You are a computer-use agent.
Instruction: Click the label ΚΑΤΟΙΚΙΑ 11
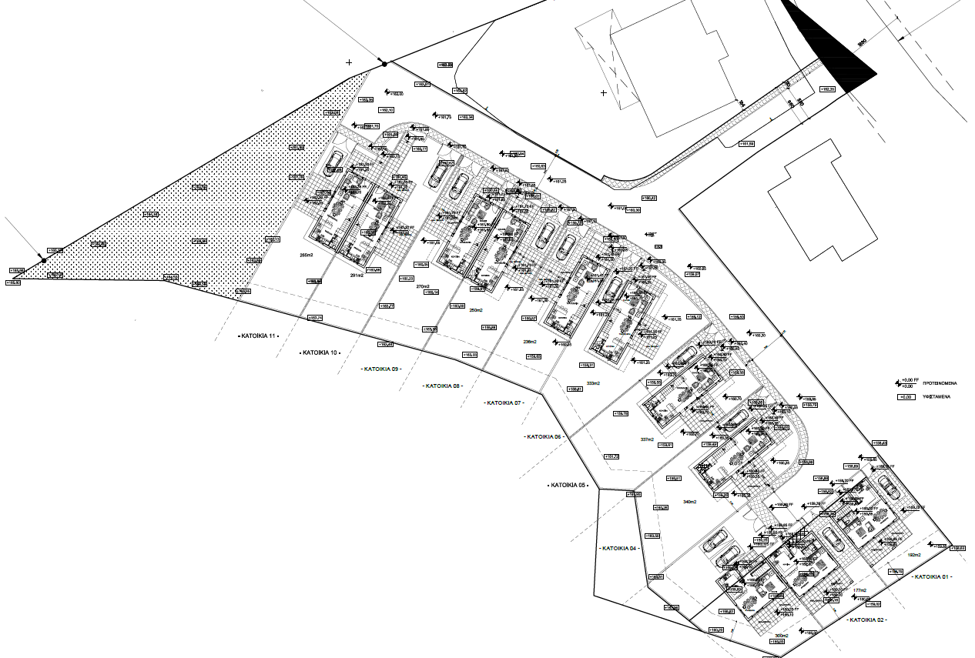258,336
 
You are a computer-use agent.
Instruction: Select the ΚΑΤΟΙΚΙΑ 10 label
319,352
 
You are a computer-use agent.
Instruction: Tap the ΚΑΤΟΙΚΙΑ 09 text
381,369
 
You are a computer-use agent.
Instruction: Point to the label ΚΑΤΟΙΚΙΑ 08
443,386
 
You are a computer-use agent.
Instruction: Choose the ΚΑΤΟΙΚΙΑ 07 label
504,402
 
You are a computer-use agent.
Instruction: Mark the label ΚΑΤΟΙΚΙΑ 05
568,486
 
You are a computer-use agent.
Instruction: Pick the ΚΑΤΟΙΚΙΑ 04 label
618,548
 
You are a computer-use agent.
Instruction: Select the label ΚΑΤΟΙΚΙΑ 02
866,619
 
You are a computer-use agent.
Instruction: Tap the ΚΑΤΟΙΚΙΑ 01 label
933,576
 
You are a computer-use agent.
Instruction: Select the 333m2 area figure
592,382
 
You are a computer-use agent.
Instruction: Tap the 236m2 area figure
530,341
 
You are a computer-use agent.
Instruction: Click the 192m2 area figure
914,555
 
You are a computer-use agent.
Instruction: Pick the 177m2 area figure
859,591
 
